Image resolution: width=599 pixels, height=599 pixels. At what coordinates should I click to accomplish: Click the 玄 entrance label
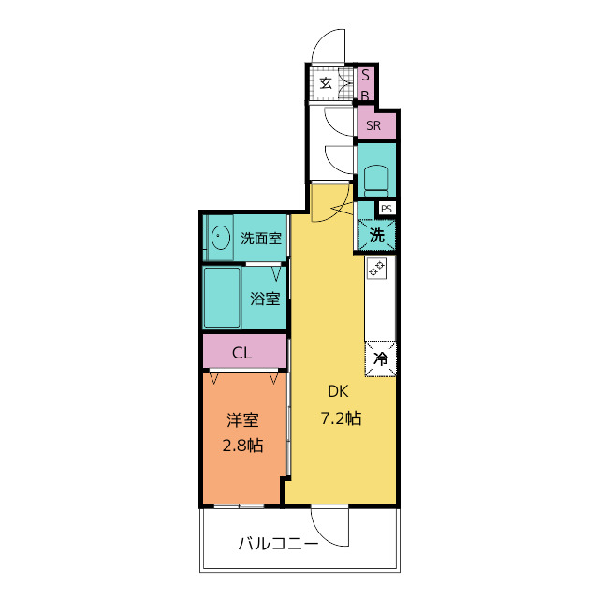pos(326,83)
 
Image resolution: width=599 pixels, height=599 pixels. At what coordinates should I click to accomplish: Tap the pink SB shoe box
pos(367,84)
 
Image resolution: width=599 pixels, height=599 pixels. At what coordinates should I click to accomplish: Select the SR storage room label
pos(373,125)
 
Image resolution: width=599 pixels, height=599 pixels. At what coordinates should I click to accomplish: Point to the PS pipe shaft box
pos(386,209)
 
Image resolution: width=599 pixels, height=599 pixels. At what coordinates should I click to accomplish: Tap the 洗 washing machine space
pos(376,236)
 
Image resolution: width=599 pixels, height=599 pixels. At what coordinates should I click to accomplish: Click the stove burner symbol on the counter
pos(377,269)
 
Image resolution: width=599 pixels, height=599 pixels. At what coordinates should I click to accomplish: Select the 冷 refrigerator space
pos(381,358)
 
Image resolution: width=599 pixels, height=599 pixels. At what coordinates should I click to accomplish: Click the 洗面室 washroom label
pos(261,238)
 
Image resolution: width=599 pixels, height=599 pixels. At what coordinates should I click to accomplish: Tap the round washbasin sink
pos(222,238)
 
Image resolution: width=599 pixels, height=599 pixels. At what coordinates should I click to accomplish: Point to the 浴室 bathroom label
pos(264,299)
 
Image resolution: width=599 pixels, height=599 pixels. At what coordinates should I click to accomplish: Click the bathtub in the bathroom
pos(223,297)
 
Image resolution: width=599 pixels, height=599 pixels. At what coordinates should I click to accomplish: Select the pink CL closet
pos(242,353)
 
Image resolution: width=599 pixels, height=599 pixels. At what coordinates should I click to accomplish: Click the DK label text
pos(336,392)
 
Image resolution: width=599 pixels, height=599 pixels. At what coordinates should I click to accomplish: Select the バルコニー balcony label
pos(278,542)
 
